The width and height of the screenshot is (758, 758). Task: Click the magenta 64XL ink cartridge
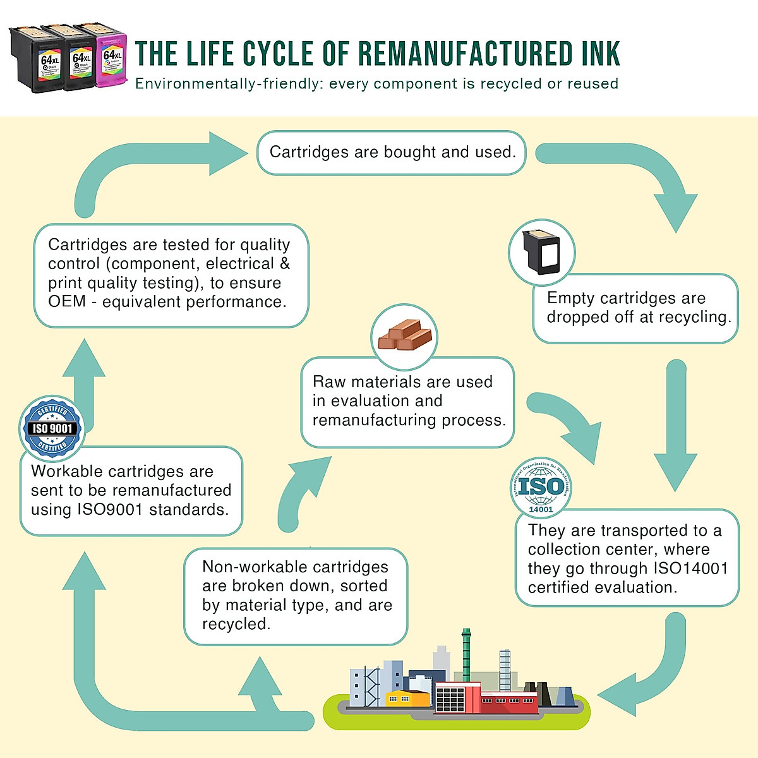111,61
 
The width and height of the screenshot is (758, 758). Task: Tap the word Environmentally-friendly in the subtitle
228,84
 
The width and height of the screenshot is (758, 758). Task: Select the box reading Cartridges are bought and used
392,152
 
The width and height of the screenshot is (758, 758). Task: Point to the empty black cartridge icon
542,252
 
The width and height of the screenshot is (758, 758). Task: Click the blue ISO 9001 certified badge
52,428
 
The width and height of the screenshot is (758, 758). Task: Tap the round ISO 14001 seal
541,487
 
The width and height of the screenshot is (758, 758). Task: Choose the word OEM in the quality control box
66,302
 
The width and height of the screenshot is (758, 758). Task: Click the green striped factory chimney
466,654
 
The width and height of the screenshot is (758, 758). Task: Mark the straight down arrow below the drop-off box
676,430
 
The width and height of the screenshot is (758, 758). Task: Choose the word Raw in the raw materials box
328,382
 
